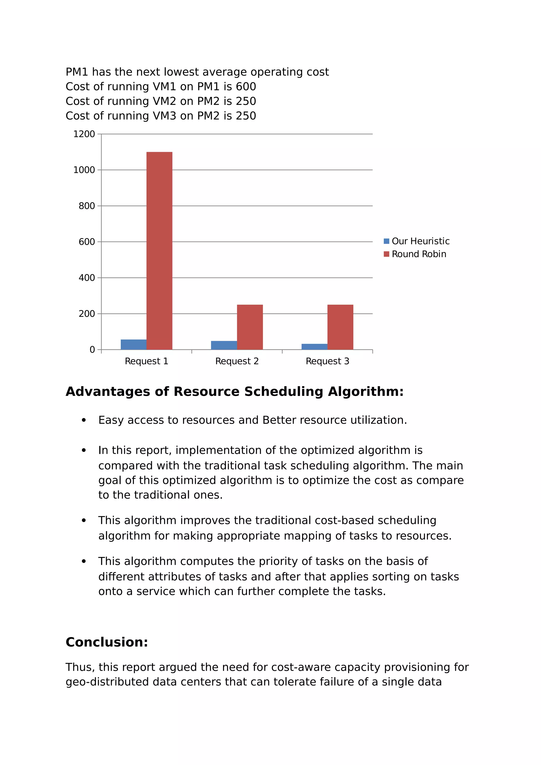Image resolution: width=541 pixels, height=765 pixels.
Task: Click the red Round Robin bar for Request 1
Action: [x=159, y=251]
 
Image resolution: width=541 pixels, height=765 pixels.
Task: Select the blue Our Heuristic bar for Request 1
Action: [x=133, y=344]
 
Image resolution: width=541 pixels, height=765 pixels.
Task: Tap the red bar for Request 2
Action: [x=250, y=327]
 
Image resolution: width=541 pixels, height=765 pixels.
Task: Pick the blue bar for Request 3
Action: [x=314, y=347]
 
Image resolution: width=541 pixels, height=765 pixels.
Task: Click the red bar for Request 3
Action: [x=340, y=327]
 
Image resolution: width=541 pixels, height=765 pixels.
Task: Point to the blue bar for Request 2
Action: [x=224, y=345]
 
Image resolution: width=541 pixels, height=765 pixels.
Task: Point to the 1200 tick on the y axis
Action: [x=84, y=134]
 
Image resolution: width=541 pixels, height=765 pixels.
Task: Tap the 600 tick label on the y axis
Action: [x=87, y=242]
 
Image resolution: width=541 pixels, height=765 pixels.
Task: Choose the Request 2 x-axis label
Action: [x=237, y=361]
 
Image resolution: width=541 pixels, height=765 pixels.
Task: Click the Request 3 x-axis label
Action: [x=327, y=361]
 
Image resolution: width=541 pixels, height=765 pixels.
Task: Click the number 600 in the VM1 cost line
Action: [x=246, y=87]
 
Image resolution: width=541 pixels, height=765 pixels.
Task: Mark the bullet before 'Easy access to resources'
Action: [x=84, y=421]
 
